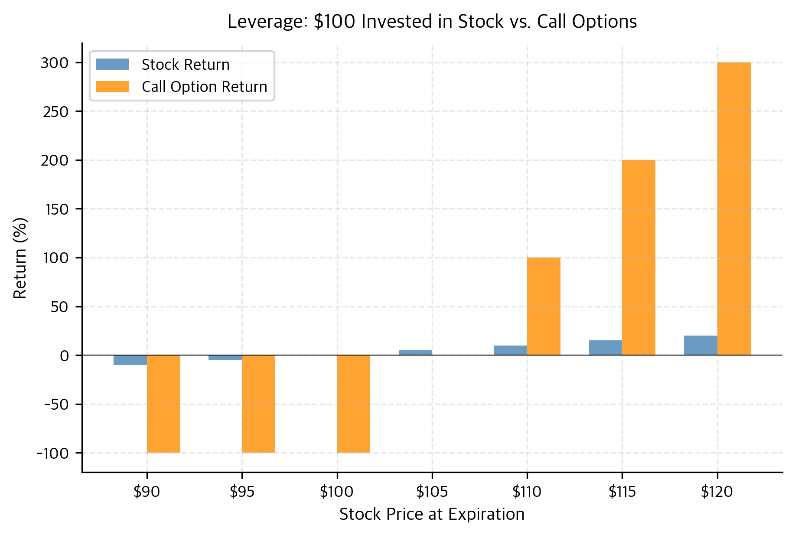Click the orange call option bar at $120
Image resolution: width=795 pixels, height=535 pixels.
tap(734, 209)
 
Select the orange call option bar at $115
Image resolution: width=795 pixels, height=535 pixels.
tap(639, 258)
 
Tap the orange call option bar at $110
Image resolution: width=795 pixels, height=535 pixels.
tap(544, 306)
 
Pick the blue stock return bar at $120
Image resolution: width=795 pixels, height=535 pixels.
tap(701, 346)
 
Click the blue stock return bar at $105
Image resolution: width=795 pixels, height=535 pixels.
tap(415, 352)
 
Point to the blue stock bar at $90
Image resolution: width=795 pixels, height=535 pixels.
tap(130, 360)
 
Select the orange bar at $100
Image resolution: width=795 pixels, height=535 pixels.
tap(354, 404)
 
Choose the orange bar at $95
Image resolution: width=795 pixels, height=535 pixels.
tap(258, 404)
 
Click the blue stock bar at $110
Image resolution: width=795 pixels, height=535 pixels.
tap(510, 350)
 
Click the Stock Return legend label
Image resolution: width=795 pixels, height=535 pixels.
tap(186, 65)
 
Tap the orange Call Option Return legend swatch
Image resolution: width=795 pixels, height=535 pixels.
tap(112, 87)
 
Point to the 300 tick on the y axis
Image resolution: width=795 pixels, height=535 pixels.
tap(55, 63)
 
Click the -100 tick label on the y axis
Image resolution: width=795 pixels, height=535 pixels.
tap(53, 453)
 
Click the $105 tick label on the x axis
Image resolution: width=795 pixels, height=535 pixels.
tap(432, 492)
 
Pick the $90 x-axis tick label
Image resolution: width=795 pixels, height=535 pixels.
tap(147, 492)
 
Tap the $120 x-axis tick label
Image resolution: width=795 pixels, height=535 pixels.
tap(717, 492)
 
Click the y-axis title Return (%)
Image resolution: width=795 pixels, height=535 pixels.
tap(20, 258)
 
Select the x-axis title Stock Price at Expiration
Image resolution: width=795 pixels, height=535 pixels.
tap(432, 515)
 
